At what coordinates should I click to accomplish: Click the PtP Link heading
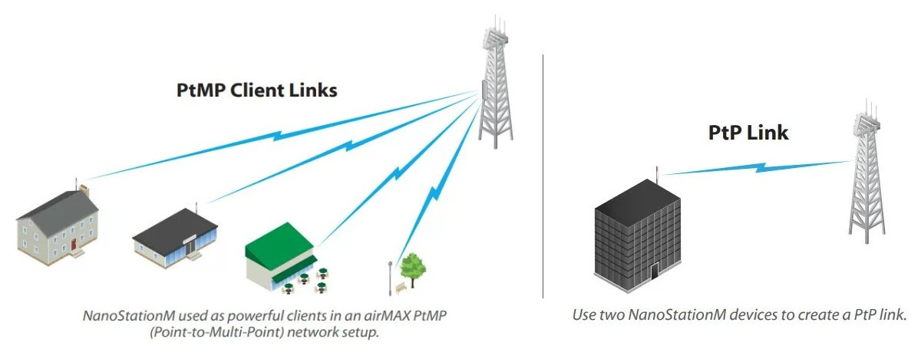click(748, 133)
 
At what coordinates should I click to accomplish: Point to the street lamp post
click(391, 276)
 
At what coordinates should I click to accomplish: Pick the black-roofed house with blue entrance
click(176, 237)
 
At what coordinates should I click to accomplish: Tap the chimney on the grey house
click(84, 189)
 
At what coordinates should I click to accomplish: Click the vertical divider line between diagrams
click(543, 176)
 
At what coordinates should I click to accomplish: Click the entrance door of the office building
click(654, 271)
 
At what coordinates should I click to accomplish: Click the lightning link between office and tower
click(756, 166)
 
